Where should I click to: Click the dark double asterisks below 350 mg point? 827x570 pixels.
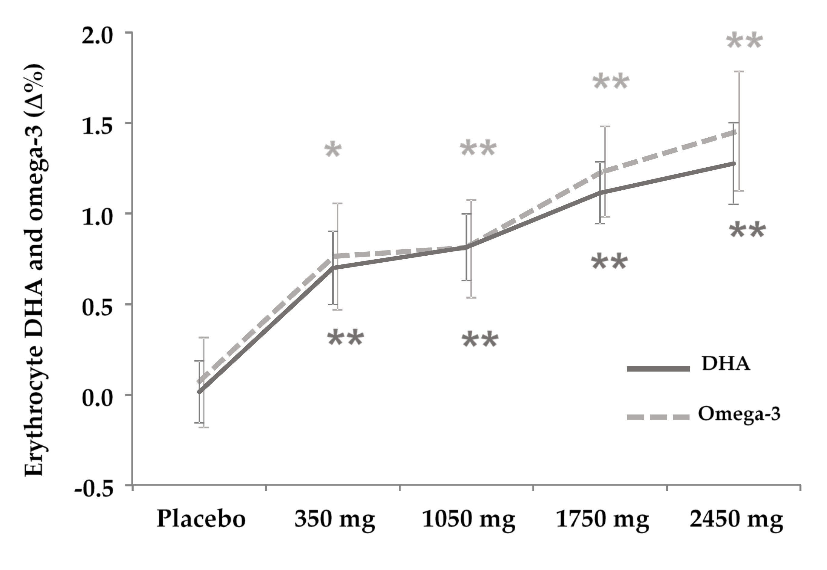pyautogui.click(x=345, y=339)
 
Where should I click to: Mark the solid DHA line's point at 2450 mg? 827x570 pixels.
pyautogui.click(x=734, y=164)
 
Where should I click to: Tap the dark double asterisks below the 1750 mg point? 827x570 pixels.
pyautogui.click(x=609, y=263)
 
